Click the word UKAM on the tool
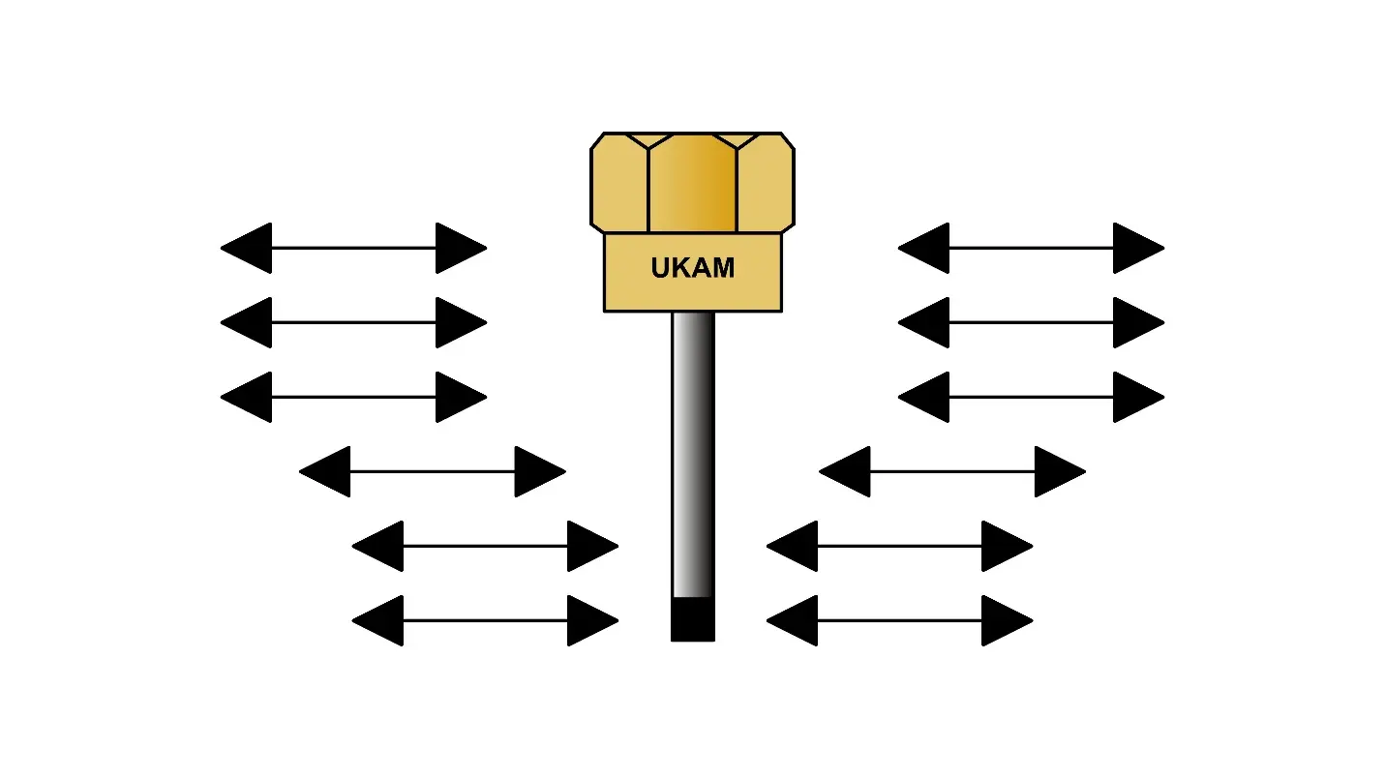pyautogui.click(x=692, y=268)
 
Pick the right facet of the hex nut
pyautogui.click(x=766, y=184)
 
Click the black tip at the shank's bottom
pyautogui.click(x=693, y=619)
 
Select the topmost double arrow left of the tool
pyautogui.click(x=353, y=249)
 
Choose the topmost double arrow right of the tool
pyautogui.click(x=1031, y=249)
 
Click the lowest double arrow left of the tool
pyautogui.click(x=485, y=620)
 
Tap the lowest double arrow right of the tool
pyautogui.click(x=899, y=620)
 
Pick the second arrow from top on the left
pyautogui.click(x=353, y=322)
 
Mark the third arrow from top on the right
pyautogui.click(x=1031, y=397)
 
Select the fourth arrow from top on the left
pyautogui.click(x=433, y=471)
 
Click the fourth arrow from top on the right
pyautogui.click(x=952, y=471)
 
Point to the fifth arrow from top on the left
pyautogui.click(x=485, y=546)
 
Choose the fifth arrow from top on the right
pyautogui.click(x=899, y=546)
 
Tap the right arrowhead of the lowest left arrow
pyautogui.click(x=590, y=620)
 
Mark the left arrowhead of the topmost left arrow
pyautogui.click(x=248, y=249)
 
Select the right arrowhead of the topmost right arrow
pyautogui.click(x=1137, y=249)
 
